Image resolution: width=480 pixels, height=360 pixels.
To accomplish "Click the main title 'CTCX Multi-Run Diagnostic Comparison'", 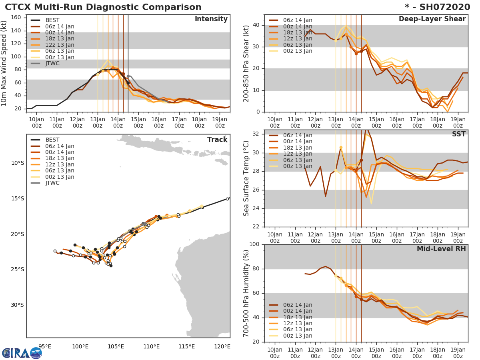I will [x=103, y=7].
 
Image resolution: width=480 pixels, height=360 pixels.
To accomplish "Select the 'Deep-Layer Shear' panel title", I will [x=432, y=19].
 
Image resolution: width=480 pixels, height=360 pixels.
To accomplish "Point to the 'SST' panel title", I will [x=459, y=134].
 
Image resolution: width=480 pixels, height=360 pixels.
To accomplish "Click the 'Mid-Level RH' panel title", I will [x=441, y=249].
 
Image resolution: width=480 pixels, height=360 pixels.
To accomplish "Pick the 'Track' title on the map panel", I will [x=217, y=140].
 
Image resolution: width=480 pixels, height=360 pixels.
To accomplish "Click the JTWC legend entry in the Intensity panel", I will [x=52, y=63].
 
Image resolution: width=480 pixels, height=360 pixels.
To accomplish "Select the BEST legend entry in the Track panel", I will [x=52, y=140].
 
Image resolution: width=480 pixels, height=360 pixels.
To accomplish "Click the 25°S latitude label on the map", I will [x=18, y=269].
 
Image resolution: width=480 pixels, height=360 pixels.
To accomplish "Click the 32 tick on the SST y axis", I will [x=256, y=134].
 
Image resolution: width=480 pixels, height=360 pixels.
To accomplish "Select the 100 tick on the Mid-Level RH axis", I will [x=254, y=244].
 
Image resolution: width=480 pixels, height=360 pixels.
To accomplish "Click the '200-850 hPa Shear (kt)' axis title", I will [x=247, y=63].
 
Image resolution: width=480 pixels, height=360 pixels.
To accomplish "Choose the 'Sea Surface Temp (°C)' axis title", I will [x=247, y=178].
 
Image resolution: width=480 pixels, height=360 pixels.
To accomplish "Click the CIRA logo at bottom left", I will [x=22, y=353].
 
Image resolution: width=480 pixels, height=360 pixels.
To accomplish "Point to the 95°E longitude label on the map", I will [x=44, y=346].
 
